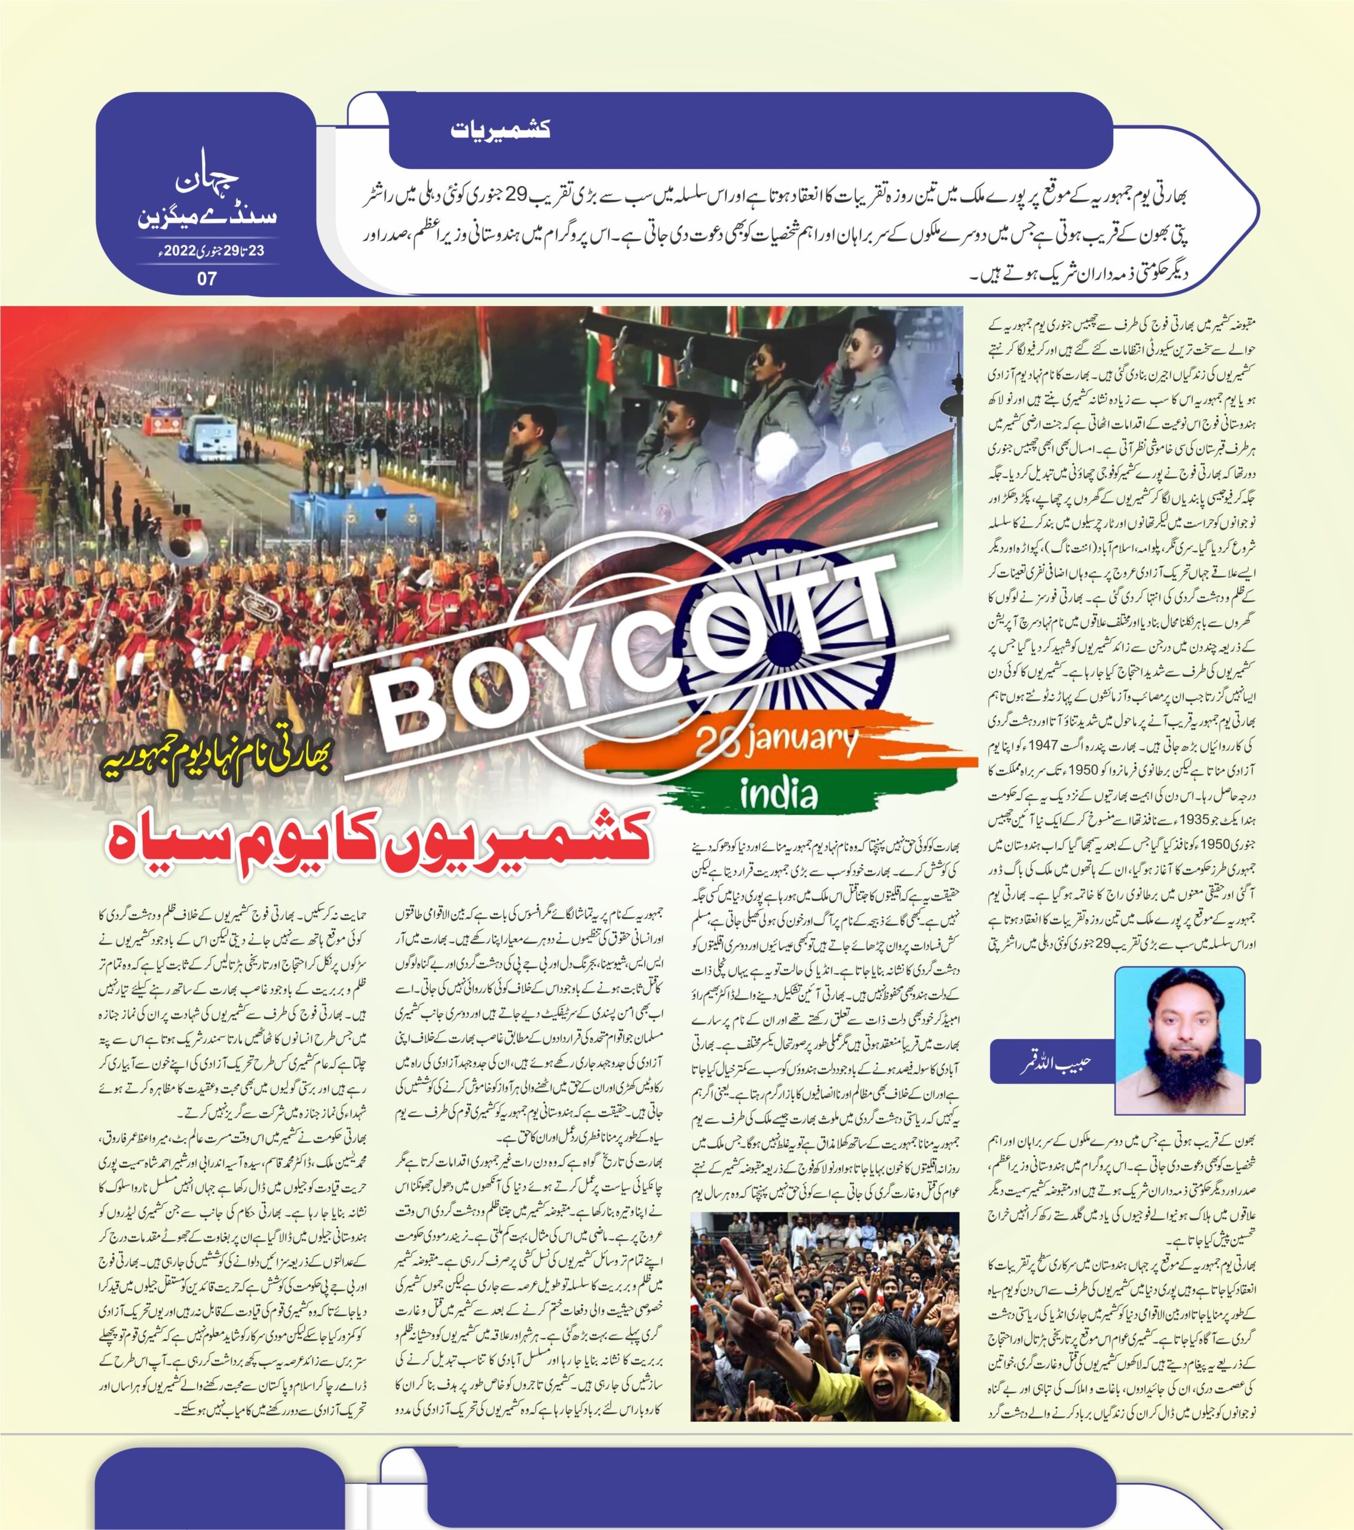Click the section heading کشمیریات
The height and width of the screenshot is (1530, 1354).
[x=501, y=128]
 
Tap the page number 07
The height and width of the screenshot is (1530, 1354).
[x=207, y=278]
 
